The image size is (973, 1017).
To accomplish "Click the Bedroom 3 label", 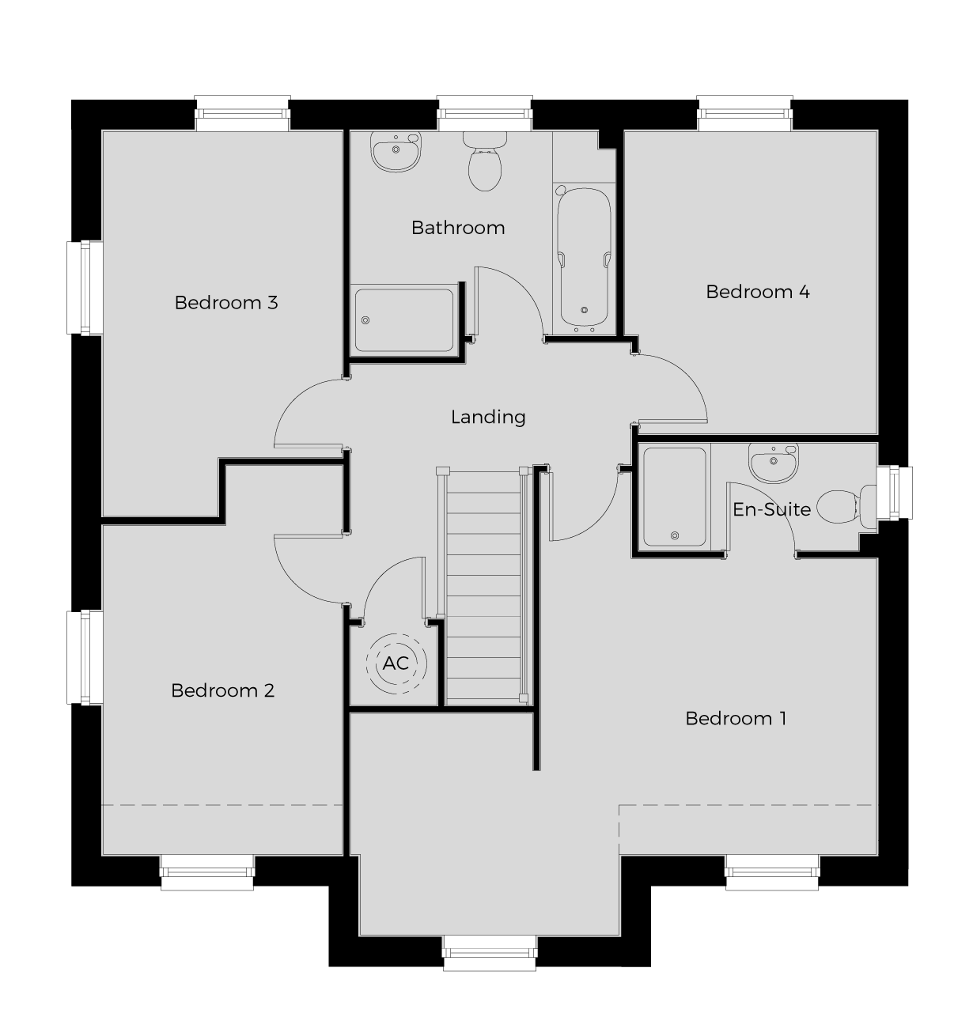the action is [226, 303].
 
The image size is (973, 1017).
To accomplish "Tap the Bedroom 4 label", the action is [758, 292].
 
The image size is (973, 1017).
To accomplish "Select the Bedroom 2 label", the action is [223, 690].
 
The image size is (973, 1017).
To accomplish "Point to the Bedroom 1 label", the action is [736, 719].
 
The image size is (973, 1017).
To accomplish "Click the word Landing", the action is [488, 417].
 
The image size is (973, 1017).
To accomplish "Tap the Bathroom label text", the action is [458, 228].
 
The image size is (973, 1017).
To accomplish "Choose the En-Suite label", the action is [772, 509].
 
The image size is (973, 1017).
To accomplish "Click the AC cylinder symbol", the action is [396, 664].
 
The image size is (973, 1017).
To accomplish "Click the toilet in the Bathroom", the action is [485, 161].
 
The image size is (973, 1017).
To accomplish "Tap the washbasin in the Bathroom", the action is [396, 151].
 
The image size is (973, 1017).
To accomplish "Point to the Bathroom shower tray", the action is [404, 320].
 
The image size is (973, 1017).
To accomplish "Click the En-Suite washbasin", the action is [774, 463].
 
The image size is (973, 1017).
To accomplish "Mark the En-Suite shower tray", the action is [675, 497].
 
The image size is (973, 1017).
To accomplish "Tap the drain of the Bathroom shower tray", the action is [365, 320].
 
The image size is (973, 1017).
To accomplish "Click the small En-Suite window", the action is [895, 493].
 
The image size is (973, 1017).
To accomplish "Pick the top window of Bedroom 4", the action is [744, 113].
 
